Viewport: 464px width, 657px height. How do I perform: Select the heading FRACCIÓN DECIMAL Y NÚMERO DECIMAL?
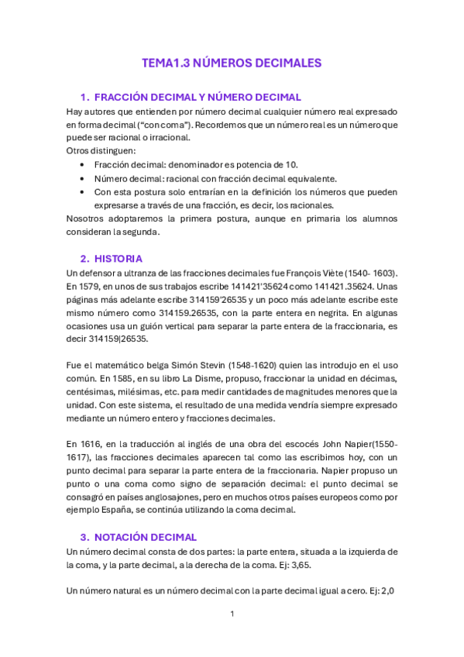[197, 97]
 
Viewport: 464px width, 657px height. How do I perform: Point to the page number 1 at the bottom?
[232, 614]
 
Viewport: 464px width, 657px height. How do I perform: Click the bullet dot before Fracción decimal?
[83, 165]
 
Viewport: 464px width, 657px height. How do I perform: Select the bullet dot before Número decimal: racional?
[83, 178]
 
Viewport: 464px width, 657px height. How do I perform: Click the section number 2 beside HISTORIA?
[84, 258]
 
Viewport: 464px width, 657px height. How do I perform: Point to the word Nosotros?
[85, 218]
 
